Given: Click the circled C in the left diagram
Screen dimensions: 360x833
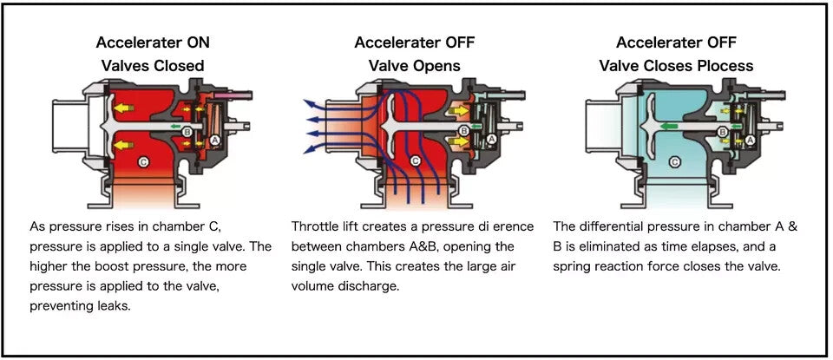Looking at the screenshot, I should pos(143,162).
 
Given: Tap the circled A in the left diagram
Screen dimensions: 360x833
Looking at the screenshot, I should pos(214,140).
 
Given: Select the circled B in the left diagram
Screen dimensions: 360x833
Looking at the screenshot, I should pos(187,130).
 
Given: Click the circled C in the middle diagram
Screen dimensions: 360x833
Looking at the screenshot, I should pos(415,161).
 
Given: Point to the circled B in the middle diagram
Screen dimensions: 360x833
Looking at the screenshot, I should pos(463,131).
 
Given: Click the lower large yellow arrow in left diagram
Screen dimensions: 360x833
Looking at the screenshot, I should pos(126,144).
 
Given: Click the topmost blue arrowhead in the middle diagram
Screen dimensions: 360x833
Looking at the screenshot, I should pos(306,102).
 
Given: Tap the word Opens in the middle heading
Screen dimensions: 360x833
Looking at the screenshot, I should pos(439,66).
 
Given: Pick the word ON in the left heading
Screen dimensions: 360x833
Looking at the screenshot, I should pos(198,43).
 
